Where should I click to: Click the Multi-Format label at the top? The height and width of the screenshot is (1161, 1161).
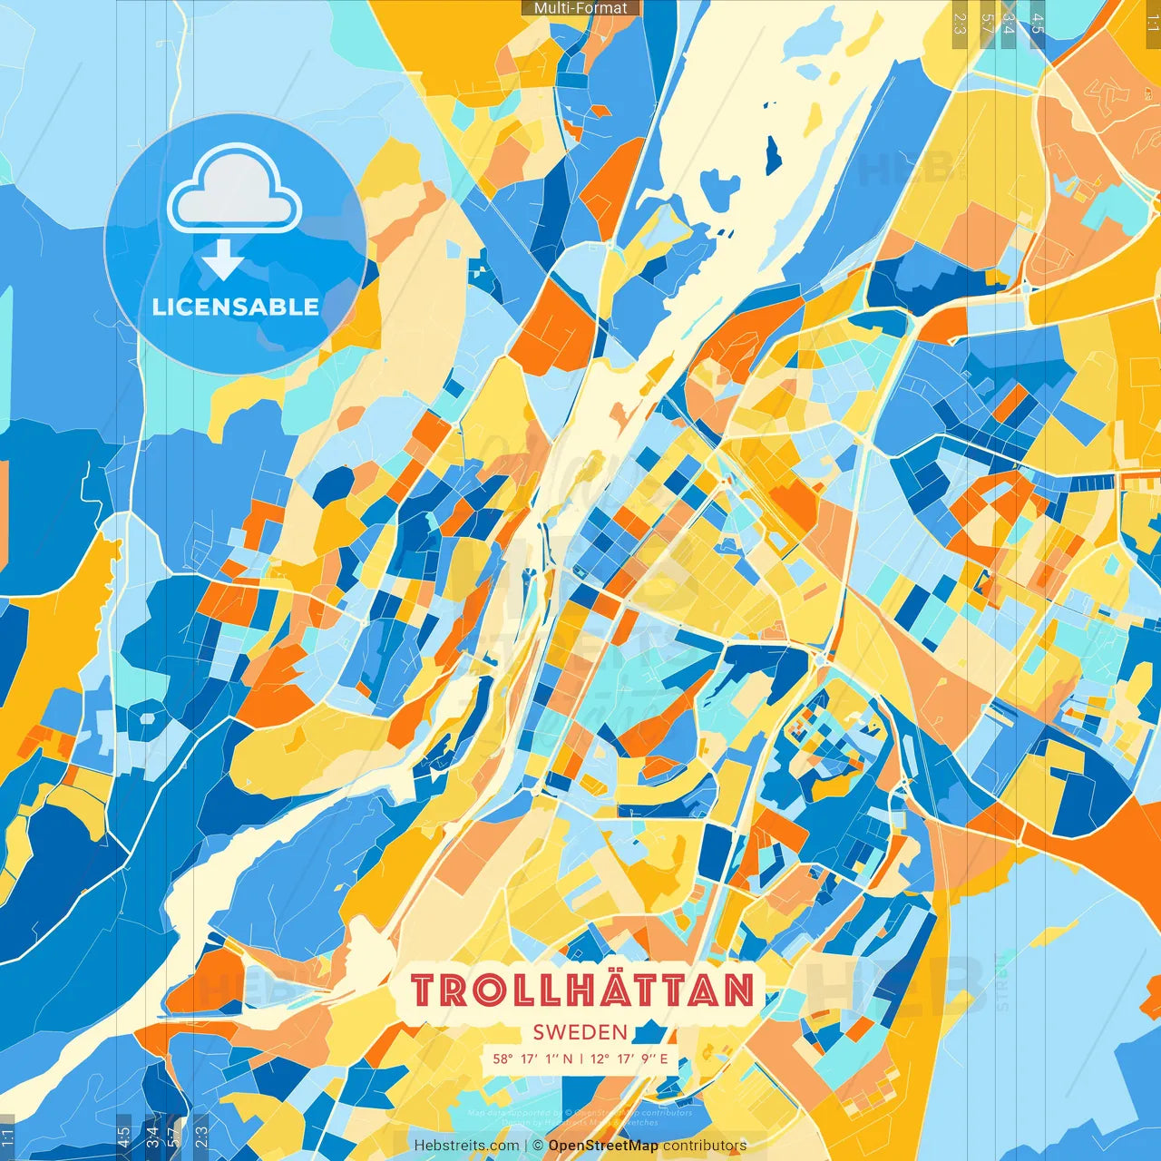click(580, 8)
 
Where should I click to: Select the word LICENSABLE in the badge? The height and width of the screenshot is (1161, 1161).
click(236, 307)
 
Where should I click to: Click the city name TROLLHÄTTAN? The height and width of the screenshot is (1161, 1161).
click(582, 990)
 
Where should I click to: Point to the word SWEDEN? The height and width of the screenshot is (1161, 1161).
click(580, 1032)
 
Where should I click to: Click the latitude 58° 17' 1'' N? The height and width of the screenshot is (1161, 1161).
click(533, 1059)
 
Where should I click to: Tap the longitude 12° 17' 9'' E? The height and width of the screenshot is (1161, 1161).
click(629, 1059)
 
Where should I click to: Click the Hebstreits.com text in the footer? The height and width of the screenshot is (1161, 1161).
click(466, 1146)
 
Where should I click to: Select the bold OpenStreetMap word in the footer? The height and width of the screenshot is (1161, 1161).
click(603, 1146)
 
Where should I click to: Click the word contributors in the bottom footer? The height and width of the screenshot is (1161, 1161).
click(705, 1146)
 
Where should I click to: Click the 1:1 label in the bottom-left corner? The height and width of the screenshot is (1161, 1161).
click(8, 1137)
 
